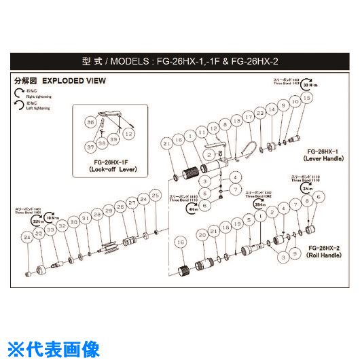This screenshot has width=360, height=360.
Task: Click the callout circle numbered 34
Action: [x=26, y=237]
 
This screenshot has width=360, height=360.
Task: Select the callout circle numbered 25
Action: [x=156, y=196]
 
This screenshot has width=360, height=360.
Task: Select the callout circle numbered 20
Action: [x=202, y=235]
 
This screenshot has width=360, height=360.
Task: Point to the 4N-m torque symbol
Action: [x=192, y=210]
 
